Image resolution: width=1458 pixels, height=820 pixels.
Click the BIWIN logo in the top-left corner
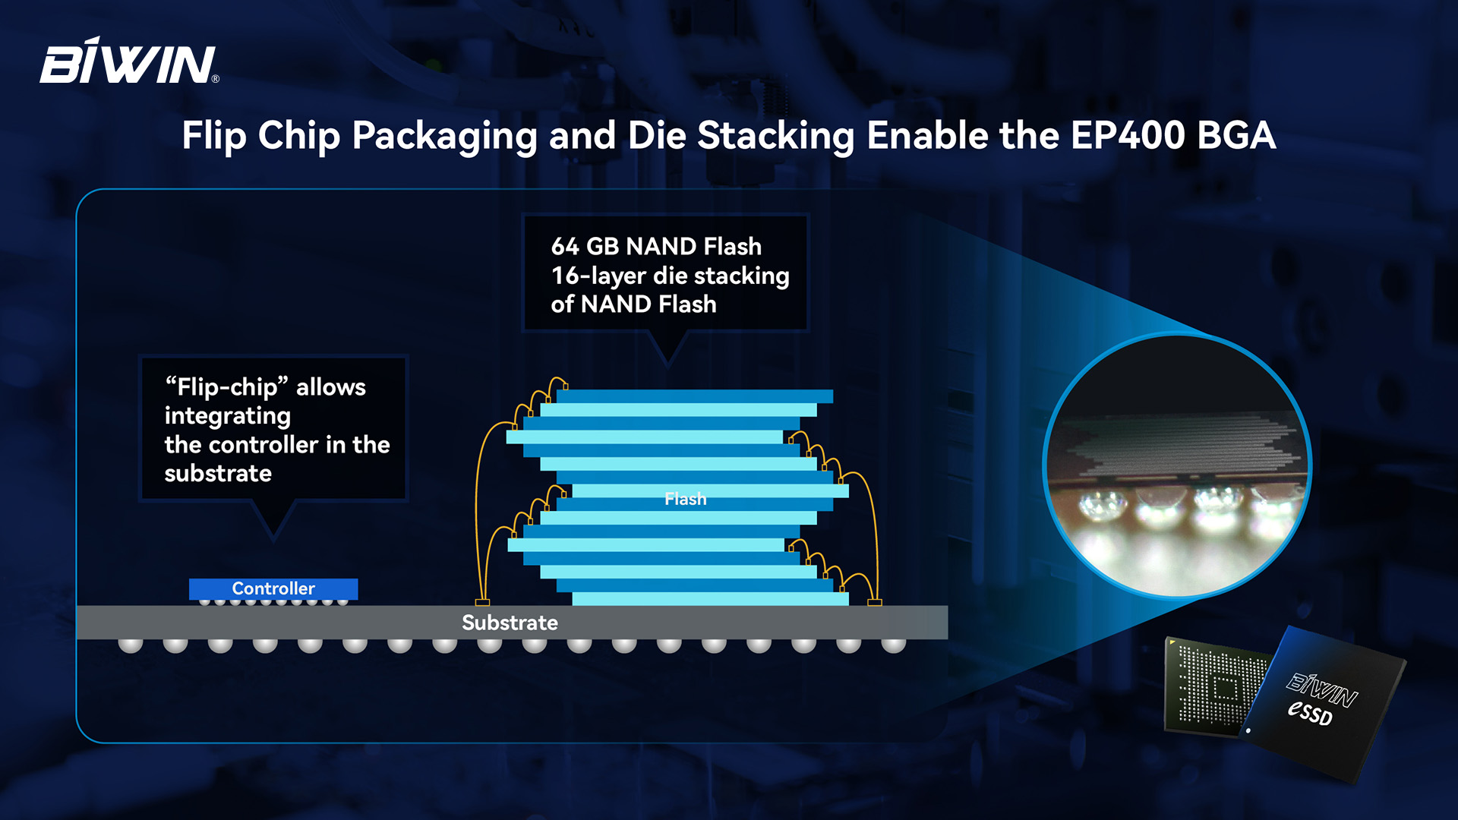pyautogui.click(x=129, y=60)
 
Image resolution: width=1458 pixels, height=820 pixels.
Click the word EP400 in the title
pyautogui.click(x=1128, y=136)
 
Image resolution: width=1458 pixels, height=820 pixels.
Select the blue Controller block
pyautogui.click(x=273, y=588)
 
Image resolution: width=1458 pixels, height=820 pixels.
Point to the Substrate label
pyautogui.click(x=510, y=623)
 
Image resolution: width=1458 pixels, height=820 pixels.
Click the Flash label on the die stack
pyautogui.click(x=685, y=499)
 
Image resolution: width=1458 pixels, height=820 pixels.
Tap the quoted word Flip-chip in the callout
pyautogui.click(x=227, y=387)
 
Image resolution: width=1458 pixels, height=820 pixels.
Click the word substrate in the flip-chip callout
pyautogui.click(x=218, y=474)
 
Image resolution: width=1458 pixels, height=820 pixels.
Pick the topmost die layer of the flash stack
pyautogui.click(x=695, y=396)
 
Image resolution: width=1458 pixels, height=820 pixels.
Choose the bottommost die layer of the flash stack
pyautogui.click(x=710, y=599)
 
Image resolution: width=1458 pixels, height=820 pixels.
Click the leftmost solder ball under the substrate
pyautogui.click(x=131, y=645)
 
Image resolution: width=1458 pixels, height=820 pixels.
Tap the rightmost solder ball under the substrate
pyautogui.click(x=894, y=645)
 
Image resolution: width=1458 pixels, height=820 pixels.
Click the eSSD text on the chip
pyautogui.click(x=1310, y=712)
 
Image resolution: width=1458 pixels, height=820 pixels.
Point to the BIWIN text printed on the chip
pyautogui.click(x=1322, y=688)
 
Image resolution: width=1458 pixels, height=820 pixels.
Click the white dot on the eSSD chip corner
pyautogui.click(x=1248, y=730)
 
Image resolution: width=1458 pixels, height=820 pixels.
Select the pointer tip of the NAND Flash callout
pyautogui.click(x=667, y=367)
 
